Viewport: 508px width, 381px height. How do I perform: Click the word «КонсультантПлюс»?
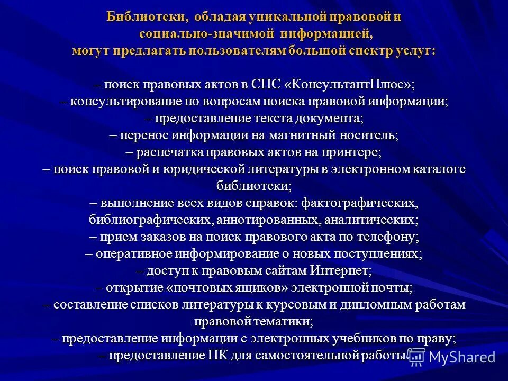350,85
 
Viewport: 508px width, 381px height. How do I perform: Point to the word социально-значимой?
206,34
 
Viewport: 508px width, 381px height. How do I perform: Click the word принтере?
350,152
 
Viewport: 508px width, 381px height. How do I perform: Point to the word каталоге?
438,169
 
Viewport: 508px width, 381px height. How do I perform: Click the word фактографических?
360,203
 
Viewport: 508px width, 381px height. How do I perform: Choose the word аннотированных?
277,220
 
